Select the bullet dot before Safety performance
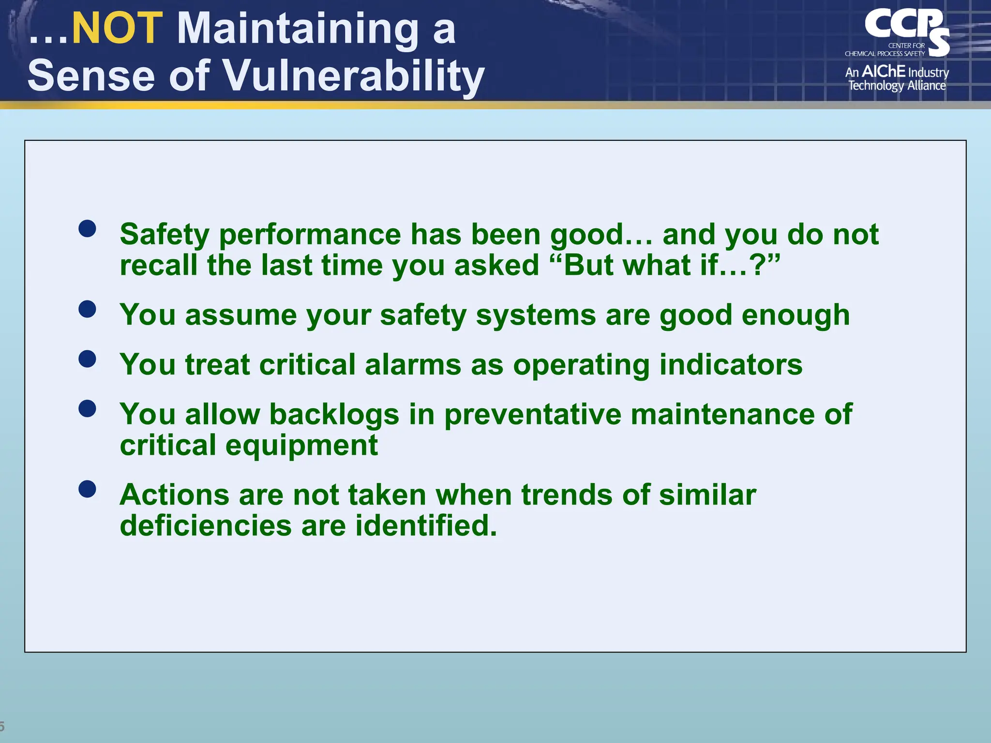coord(87,228)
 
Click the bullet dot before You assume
coord(87,309)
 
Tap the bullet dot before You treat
coord(87,359)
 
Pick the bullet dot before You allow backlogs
coord(87,409)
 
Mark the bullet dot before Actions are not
coord(87,489)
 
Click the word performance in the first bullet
coord(310,235)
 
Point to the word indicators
coord(731,365)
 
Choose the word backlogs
coord(334,415)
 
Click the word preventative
coord(532,416)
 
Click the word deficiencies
coord(206,526)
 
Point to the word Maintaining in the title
coord(298,29)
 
